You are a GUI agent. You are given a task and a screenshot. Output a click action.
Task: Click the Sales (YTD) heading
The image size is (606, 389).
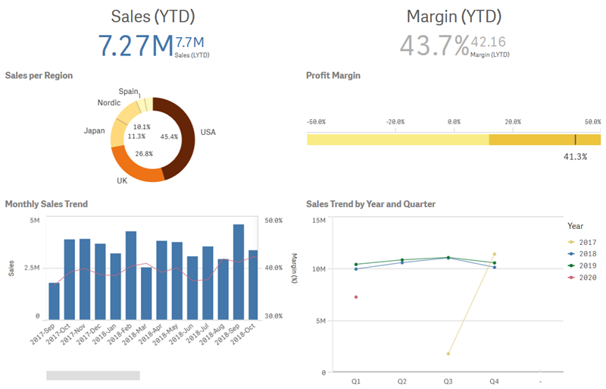152,17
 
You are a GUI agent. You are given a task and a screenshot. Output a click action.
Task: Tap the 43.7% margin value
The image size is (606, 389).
434,45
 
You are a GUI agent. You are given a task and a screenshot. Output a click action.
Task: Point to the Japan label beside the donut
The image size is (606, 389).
94,131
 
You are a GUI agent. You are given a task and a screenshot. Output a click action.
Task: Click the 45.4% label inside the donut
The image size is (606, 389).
169,137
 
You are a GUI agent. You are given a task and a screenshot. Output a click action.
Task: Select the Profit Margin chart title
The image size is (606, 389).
333,76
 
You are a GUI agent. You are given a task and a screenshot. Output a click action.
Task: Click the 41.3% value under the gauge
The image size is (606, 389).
576,157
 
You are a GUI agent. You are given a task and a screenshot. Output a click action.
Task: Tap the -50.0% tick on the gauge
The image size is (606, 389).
316,121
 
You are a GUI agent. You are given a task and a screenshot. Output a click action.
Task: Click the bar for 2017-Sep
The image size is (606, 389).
54,300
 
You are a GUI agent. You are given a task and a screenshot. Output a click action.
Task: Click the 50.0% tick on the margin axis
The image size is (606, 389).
273,221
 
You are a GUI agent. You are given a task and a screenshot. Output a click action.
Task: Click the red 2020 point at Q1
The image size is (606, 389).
355,297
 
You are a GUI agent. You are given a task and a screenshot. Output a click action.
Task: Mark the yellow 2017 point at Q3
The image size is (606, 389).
448,353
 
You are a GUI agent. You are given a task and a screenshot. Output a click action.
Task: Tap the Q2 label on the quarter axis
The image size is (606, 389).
401,383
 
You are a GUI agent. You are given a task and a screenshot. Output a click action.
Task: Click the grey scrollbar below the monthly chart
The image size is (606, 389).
93,375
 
